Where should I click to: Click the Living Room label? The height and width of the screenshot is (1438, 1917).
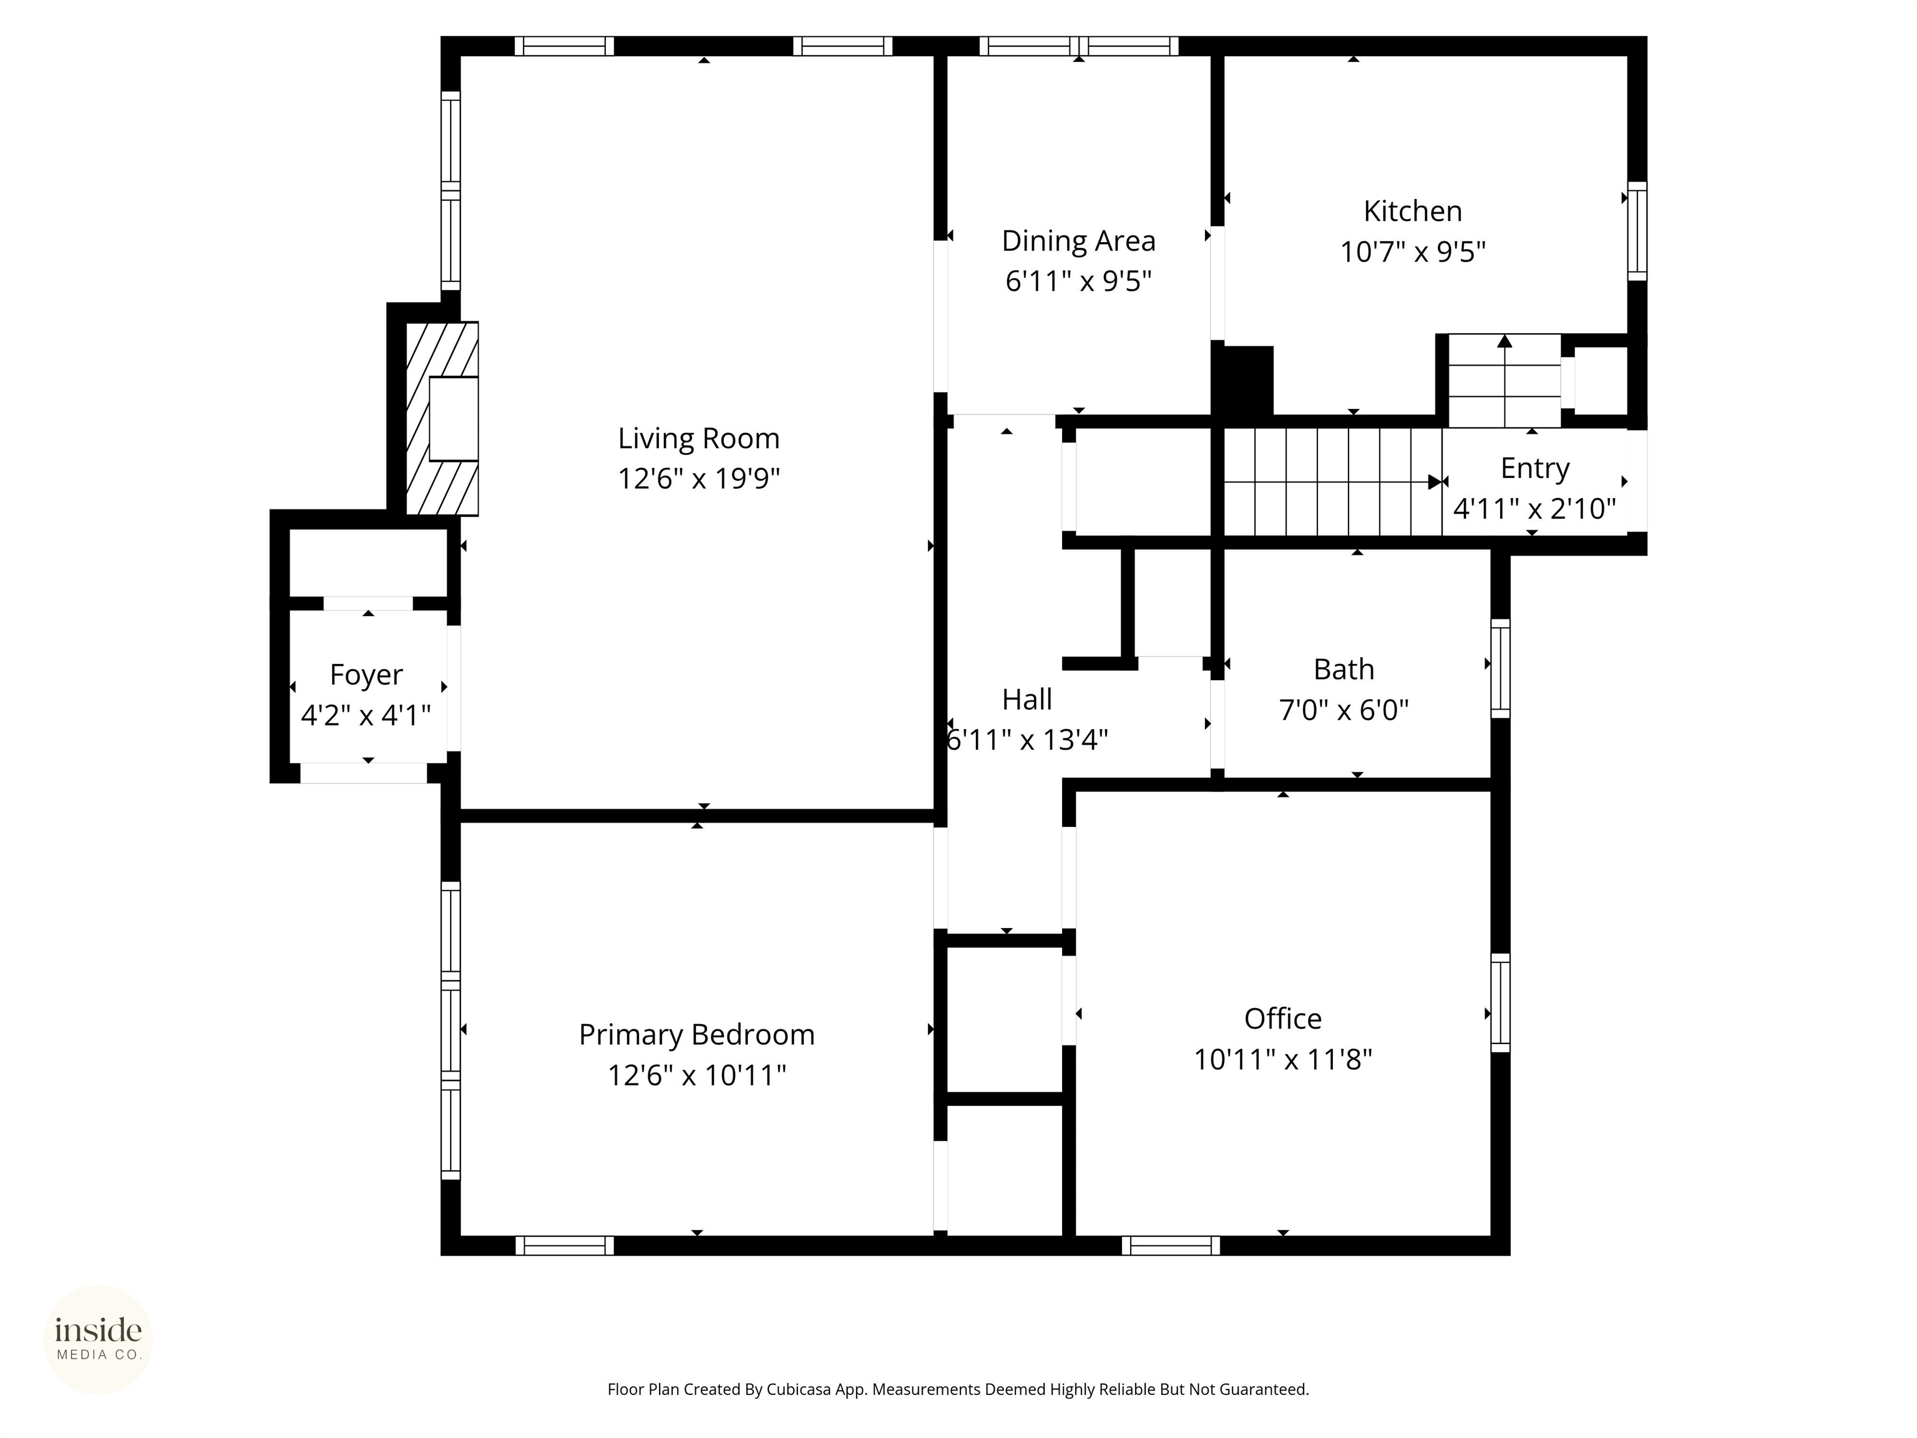coord(698,439)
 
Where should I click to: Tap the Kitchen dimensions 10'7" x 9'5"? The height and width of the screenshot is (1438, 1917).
coord(1413,252)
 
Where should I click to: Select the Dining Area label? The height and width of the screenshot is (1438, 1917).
coord(1078,241)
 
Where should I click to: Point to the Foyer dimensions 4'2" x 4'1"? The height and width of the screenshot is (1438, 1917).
coord(366,716)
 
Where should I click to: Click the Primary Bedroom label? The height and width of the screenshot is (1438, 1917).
coord(697,1035)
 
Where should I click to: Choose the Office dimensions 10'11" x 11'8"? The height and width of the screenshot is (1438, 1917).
coord(1282,1060)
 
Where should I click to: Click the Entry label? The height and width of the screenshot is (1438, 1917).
coord(1535,468)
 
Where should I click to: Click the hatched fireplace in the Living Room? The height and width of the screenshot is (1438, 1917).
coord(442,419)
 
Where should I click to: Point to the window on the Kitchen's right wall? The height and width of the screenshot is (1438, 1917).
coord(1636,230)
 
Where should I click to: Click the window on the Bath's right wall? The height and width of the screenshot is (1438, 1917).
coord(1500,668)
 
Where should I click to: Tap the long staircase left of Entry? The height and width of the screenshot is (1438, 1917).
coord(1330,482)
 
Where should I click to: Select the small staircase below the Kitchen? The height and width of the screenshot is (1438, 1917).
coord(1505,381)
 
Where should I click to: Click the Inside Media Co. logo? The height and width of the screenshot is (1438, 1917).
coord(98,1339)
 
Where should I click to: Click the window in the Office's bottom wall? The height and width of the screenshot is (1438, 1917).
coord(1171,1246)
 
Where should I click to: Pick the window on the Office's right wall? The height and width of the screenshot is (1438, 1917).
coord(1500,1003)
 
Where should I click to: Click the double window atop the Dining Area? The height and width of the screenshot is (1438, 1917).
coord(1079,46)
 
